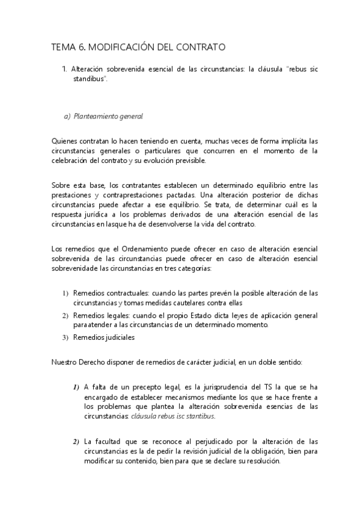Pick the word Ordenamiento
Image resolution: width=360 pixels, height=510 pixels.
(133, 248)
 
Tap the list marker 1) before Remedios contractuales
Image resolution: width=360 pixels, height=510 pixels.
(66, 293)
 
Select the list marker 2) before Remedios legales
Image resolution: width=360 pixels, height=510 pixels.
(66, 315)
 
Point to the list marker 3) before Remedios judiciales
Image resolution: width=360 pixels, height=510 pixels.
(66, 337)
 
